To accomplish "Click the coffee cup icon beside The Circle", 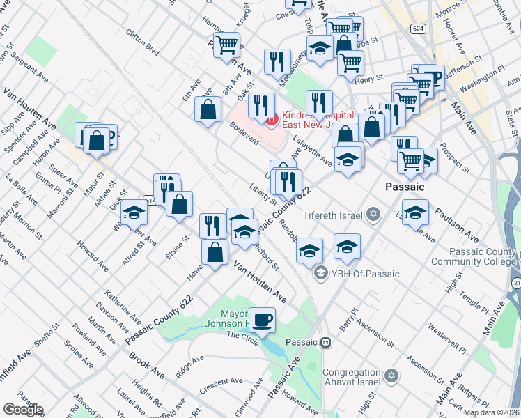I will click(x=263, y=320).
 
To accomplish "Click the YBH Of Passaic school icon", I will click(x=320, y=273).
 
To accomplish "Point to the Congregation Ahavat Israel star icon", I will click(x=391, y=376).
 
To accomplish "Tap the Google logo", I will click(x=22, y=410).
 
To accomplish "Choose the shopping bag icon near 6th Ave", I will click(x=208, y=109).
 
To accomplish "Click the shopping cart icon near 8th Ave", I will click(x=227, y=45).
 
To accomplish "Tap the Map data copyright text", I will click(x=491, y=412).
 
